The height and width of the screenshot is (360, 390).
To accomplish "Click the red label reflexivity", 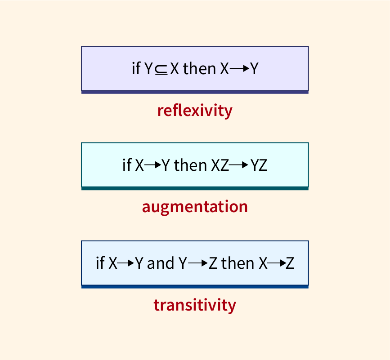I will click(195, 110).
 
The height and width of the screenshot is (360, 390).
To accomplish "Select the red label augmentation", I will click(195, 207).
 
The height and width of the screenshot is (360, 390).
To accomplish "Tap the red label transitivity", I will click(195, 305).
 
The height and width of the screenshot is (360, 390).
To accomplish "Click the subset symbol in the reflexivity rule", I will click(161, 69).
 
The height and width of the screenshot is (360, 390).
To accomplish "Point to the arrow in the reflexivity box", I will click(240, 69).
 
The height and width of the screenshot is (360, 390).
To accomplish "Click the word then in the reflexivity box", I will click(200, 69).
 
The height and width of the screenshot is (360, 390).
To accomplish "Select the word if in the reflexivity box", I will click(136, 69).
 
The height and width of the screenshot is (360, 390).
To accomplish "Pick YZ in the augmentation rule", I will click(259, 165).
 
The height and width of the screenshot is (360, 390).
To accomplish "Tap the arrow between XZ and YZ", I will click(239, 165).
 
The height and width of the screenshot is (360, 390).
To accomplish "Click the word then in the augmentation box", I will click(190, 165).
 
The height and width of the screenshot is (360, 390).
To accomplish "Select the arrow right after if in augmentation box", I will click(153, 165).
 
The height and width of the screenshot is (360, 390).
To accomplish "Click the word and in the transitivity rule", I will click(161, 263).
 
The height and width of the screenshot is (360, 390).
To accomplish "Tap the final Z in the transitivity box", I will click(290, 263).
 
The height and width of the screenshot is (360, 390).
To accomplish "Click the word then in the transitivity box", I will click(238, 263).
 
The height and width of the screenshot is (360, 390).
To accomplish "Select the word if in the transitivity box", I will click(100, 263).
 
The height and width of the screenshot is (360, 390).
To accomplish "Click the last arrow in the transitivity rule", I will click(276, 263).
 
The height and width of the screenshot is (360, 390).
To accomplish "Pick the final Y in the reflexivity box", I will click(254, 69).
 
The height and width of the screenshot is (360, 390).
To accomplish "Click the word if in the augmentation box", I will click(126, 165).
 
